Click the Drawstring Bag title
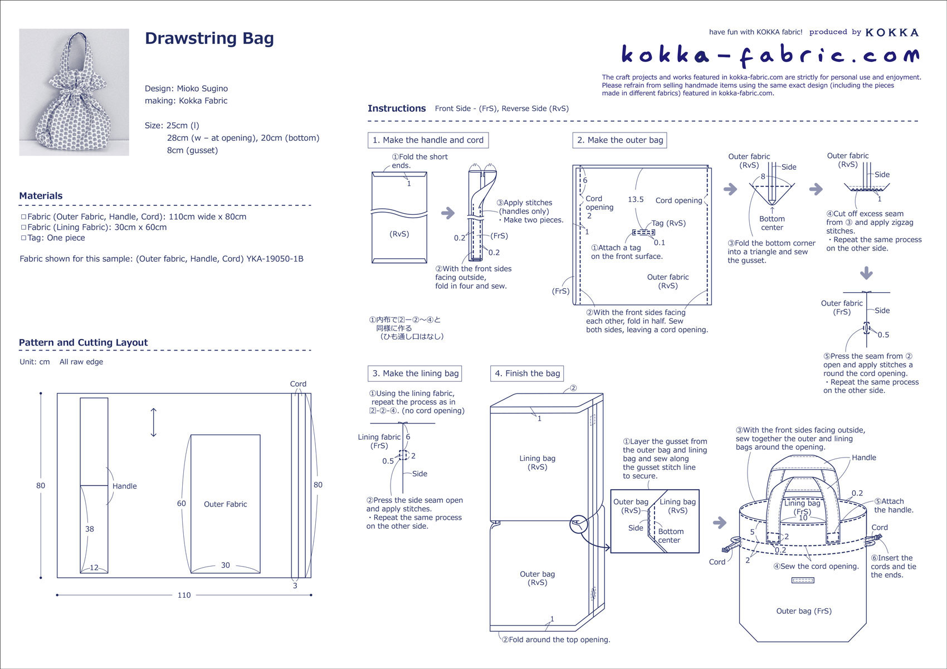click(x=209, y=38)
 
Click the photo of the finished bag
click(x=74, y=92)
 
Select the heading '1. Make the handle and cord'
click(x=428, y=140)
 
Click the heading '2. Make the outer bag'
click(x=619, y=140)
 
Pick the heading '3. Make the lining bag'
click(x=415, y=373)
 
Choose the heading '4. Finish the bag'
click(x=527, y=373)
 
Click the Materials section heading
click(x=41, y=196)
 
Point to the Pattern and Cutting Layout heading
click(x=84, y=343)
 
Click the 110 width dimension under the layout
click(x=184, y=595)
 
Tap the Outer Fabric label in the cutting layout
click(x=225, y=504)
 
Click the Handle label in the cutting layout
click(x=124, y=486)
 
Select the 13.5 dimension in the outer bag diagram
click(x=636, y=199)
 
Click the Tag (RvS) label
click(x=668, y=223)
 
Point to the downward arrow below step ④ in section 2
click(x=866, y=273)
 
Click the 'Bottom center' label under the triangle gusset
click(x=772, y=223)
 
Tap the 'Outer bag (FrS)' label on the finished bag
click(x=804, y=611)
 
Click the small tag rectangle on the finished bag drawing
click(x=803, y=581)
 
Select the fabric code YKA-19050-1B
click(x=275, y=259)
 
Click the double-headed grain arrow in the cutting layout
click(x=154, y=422)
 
